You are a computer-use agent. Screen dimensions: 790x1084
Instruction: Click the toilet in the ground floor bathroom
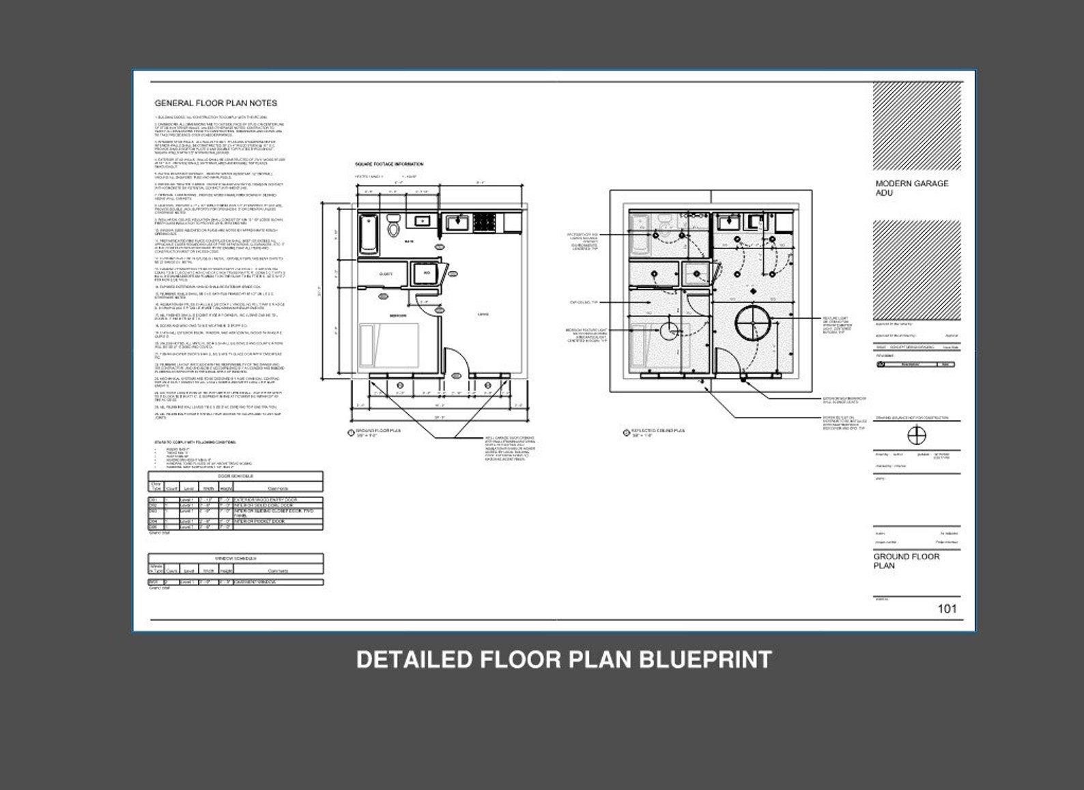point(394,226)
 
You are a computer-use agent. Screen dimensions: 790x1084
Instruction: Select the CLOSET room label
point(386,274)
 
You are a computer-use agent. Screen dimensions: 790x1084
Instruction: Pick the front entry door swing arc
point(453,357)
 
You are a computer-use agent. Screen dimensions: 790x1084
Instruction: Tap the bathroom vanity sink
point(421,220)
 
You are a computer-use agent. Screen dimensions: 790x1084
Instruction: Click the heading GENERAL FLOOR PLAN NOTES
point(216,103)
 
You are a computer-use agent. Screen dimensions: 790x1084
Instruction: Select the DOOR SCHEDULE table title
point(236,476)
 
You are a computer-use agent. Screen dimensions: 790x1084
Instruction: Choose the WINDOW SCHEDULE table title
point(236,557)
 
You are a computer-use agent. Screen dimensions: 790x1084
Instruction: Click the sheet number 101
point(947,609)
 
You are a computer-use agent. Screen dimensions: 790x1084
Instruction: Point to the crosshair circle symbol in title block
point(917,435)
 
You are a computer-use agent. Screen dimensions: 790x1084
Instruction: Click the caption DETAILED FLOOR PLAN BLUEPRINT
point(564,660)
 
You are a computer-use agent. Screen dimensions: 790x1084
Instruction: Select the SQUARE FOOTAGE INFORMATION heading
point(389,164)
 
